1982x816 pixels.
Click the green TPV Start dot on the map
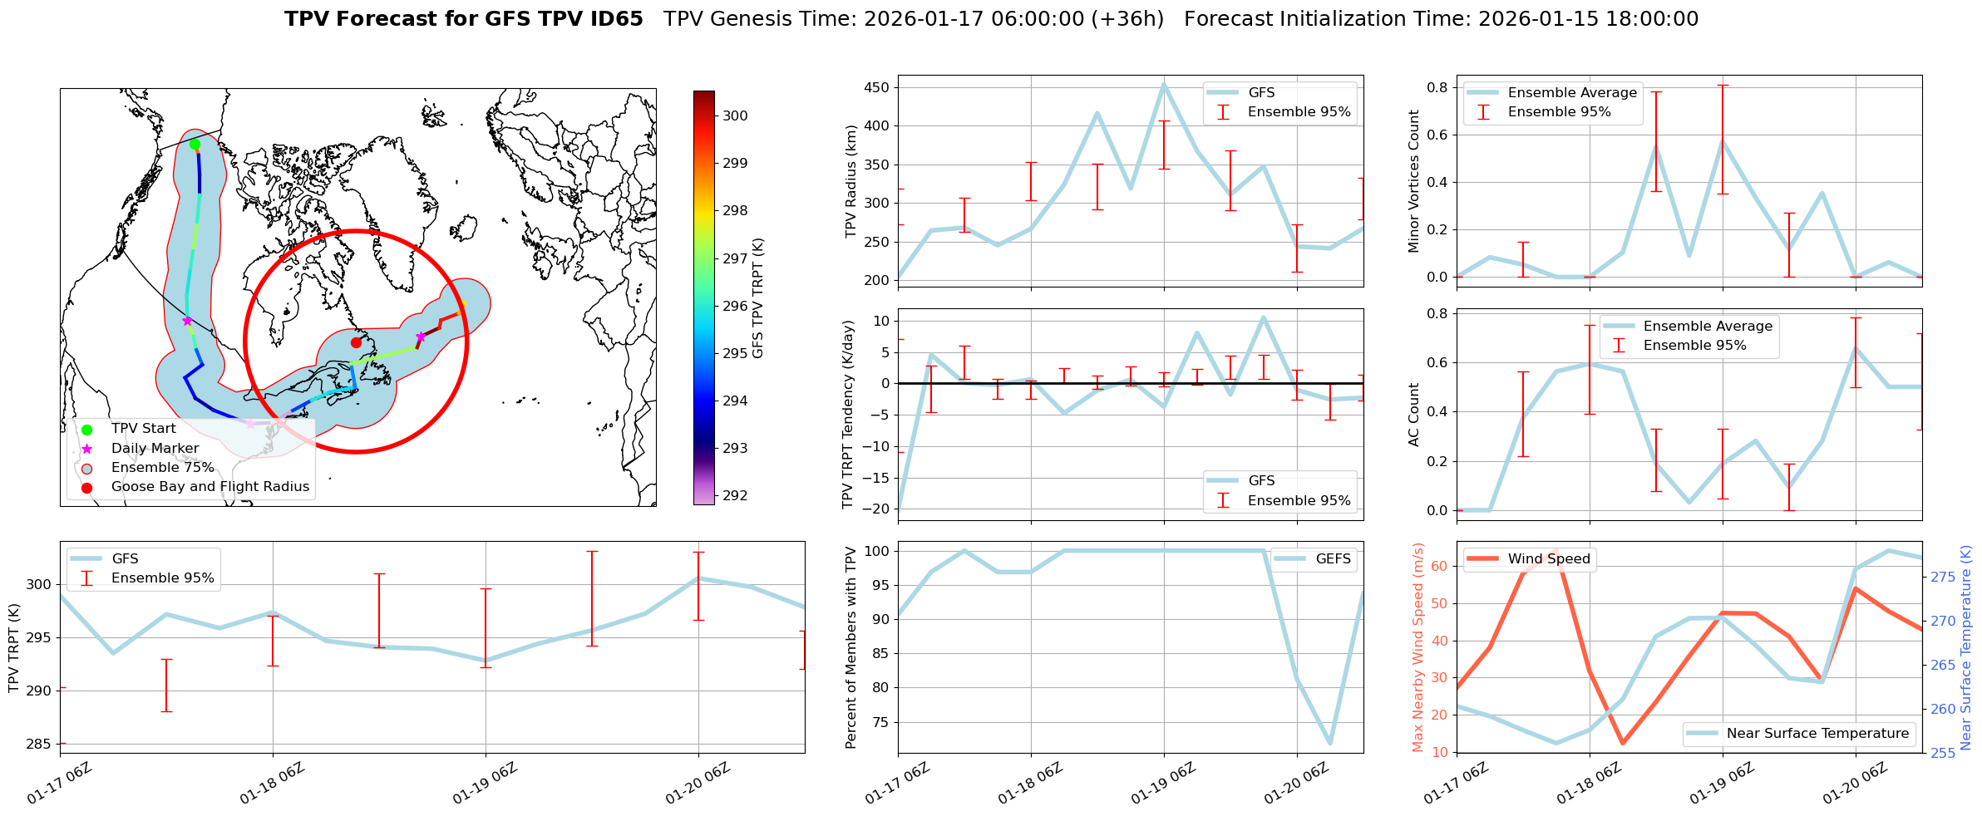coord(195,144)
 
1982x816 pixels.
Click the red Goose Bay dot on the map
coord(356,342)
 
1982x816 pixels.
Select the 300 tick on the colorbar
coord(735,116)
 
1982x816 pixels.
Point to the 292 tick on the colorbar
coord(735,495)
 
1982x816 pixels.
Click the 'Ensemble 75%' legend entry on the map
coord(162,468)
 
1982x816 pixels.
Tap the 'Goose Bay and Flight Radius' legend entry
coord(210,487)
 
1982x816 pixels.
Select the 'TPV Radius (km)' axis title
coord(850,181)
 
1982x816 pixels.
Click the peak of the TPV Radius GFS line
coord(1163,83)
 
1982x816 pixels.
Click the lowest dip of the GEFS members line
coord(1330,743)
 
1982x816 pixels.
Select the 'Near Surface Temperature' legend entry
coord(1817,734)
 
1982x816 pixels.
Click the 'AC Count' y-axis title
coord(1414,415)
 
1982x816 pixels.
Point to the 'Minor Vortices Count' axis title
coord(1414,181)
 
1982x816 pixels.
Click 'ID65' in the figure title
coord(616,19)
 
